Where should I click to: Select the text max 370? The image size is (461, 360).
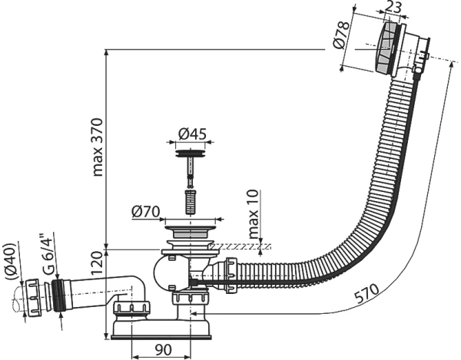tap(98, 147)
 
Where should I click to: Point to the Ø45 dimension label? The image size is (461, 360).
tap(193, 134)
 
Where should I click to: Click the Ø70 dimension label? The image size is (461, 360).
tap(146, 211)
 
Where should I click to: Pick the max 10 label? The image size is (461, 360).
tap(254, 214)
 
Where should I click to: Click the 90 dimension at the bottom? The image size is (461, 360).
tap(163, 350)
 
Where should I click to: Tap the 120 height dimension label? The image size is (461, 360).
tap(98, 263)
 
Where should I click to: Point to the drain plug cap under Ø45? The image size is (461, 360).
tap(191, 154)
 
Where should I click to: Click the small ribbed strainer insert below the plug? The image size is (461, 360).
tap(191, 203)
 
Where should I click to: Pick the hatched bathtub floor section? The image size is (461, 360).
tap(241, 246)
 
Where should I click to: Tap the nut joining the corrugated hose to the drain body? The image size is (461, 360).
tap(231, 275)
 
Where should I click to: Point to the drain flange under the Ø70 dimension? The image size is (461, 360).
tap(191, 231)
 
